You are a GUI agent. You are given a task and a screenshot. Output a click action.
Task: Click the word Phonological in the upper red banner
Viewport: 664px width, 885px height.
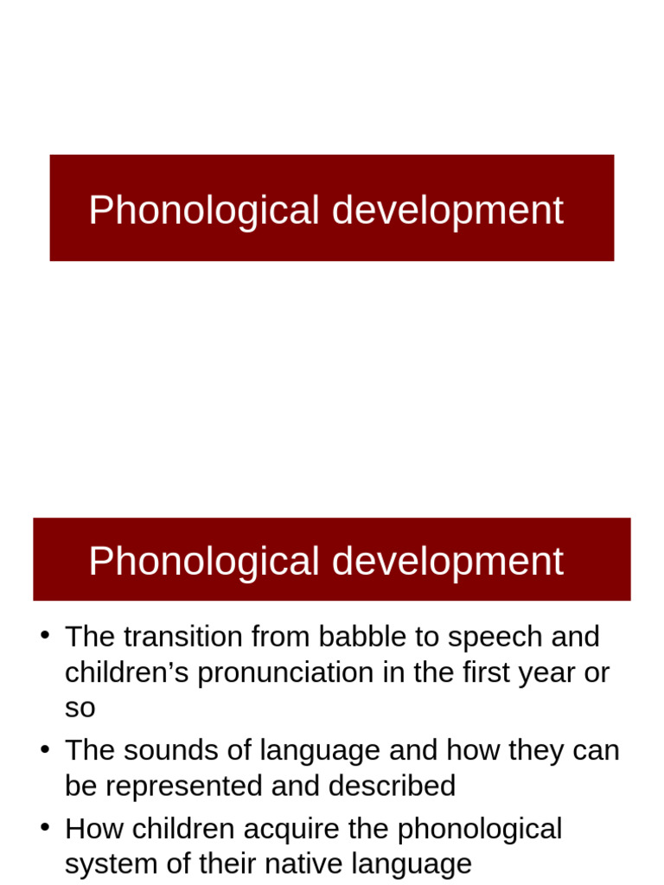[x=204, y=211]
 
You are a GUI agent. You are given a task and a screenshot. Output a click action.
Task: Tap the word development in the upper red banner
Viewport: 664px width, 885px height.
[x=448, y=211]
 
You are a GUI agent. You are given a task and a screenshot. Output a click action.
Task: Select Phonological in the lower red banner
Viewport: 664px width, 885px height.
[x=204, y=561]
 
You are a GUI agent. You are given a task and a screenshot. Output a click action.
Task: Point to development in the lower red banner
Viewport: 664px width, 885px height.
[x=448, y=561]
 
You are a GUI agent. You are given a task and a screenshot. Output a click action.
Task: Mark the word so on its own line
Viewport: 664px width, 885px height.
[x=80, y=709]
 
